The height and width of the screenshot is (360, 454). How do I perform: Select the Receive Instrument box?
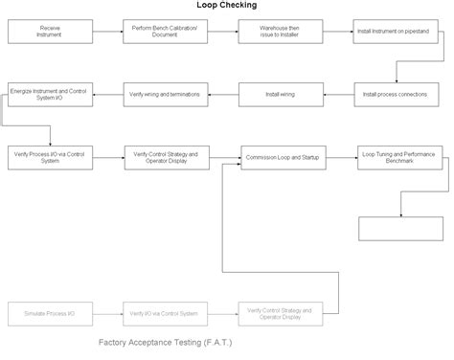(50, 32)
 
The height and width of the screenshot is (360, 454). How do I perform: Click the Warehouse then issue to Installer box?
(280, 32)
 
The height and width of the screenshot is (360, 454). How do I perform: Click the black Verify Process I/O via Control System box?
(50, 157)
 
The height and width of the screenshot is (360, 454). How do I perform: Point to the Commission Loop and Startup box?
(280, 157)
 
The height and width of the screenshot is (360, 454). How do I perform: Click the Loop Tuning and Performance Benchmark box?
(398, 157)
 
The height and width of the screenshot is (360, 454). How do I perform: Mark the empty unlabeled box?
(398, 228)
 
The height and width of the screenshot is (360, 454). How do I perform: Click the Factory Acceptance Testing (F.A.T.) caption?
(166, 342)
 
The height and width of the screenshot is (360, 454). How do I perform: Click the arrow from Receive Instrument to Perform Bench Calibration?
(107, 32)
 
